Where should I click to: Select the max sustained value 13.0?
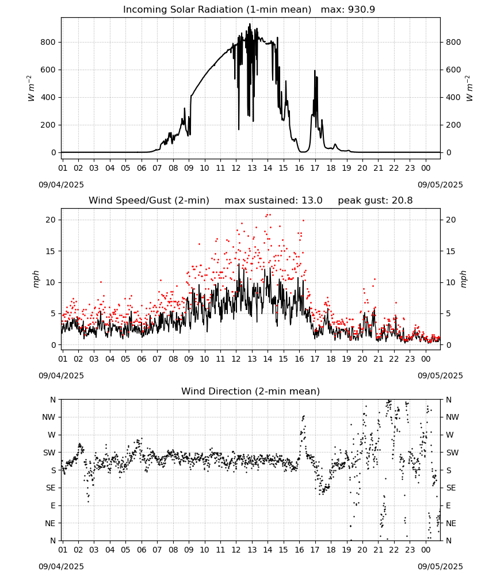click(312, 201)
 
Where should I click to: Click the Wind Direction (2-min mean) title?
click(251, 391)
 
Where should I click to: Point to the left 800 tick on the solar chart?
click(48, 42)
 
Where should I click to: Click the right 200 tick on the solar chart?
click(453, 125)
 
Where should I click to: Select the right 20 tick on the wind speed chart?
click(451, 220)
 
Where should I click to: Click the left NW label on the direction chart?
click(49, 417)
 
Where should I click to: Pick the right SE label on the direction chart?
click(451, 488)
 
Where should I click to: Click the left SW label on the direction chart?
click(49, 453)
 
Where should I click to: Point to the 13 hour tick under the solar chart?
click(252, 168)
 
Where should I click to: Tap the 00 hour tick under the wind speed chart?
click(426, 359)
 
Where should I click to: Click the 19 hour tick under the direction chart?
click(347, 550)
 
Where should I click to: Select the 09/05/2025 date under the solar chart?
click(440, 185)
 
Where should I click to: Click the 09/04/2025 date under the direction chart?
click(61, 566)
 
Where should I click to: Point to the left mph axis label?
click(36, 279)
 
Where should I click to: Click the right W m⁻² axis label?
click(469, 89)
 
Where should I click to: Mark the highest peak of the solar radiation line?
click(250, 24)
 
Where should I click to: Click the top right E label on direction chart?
click(448, 505)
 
